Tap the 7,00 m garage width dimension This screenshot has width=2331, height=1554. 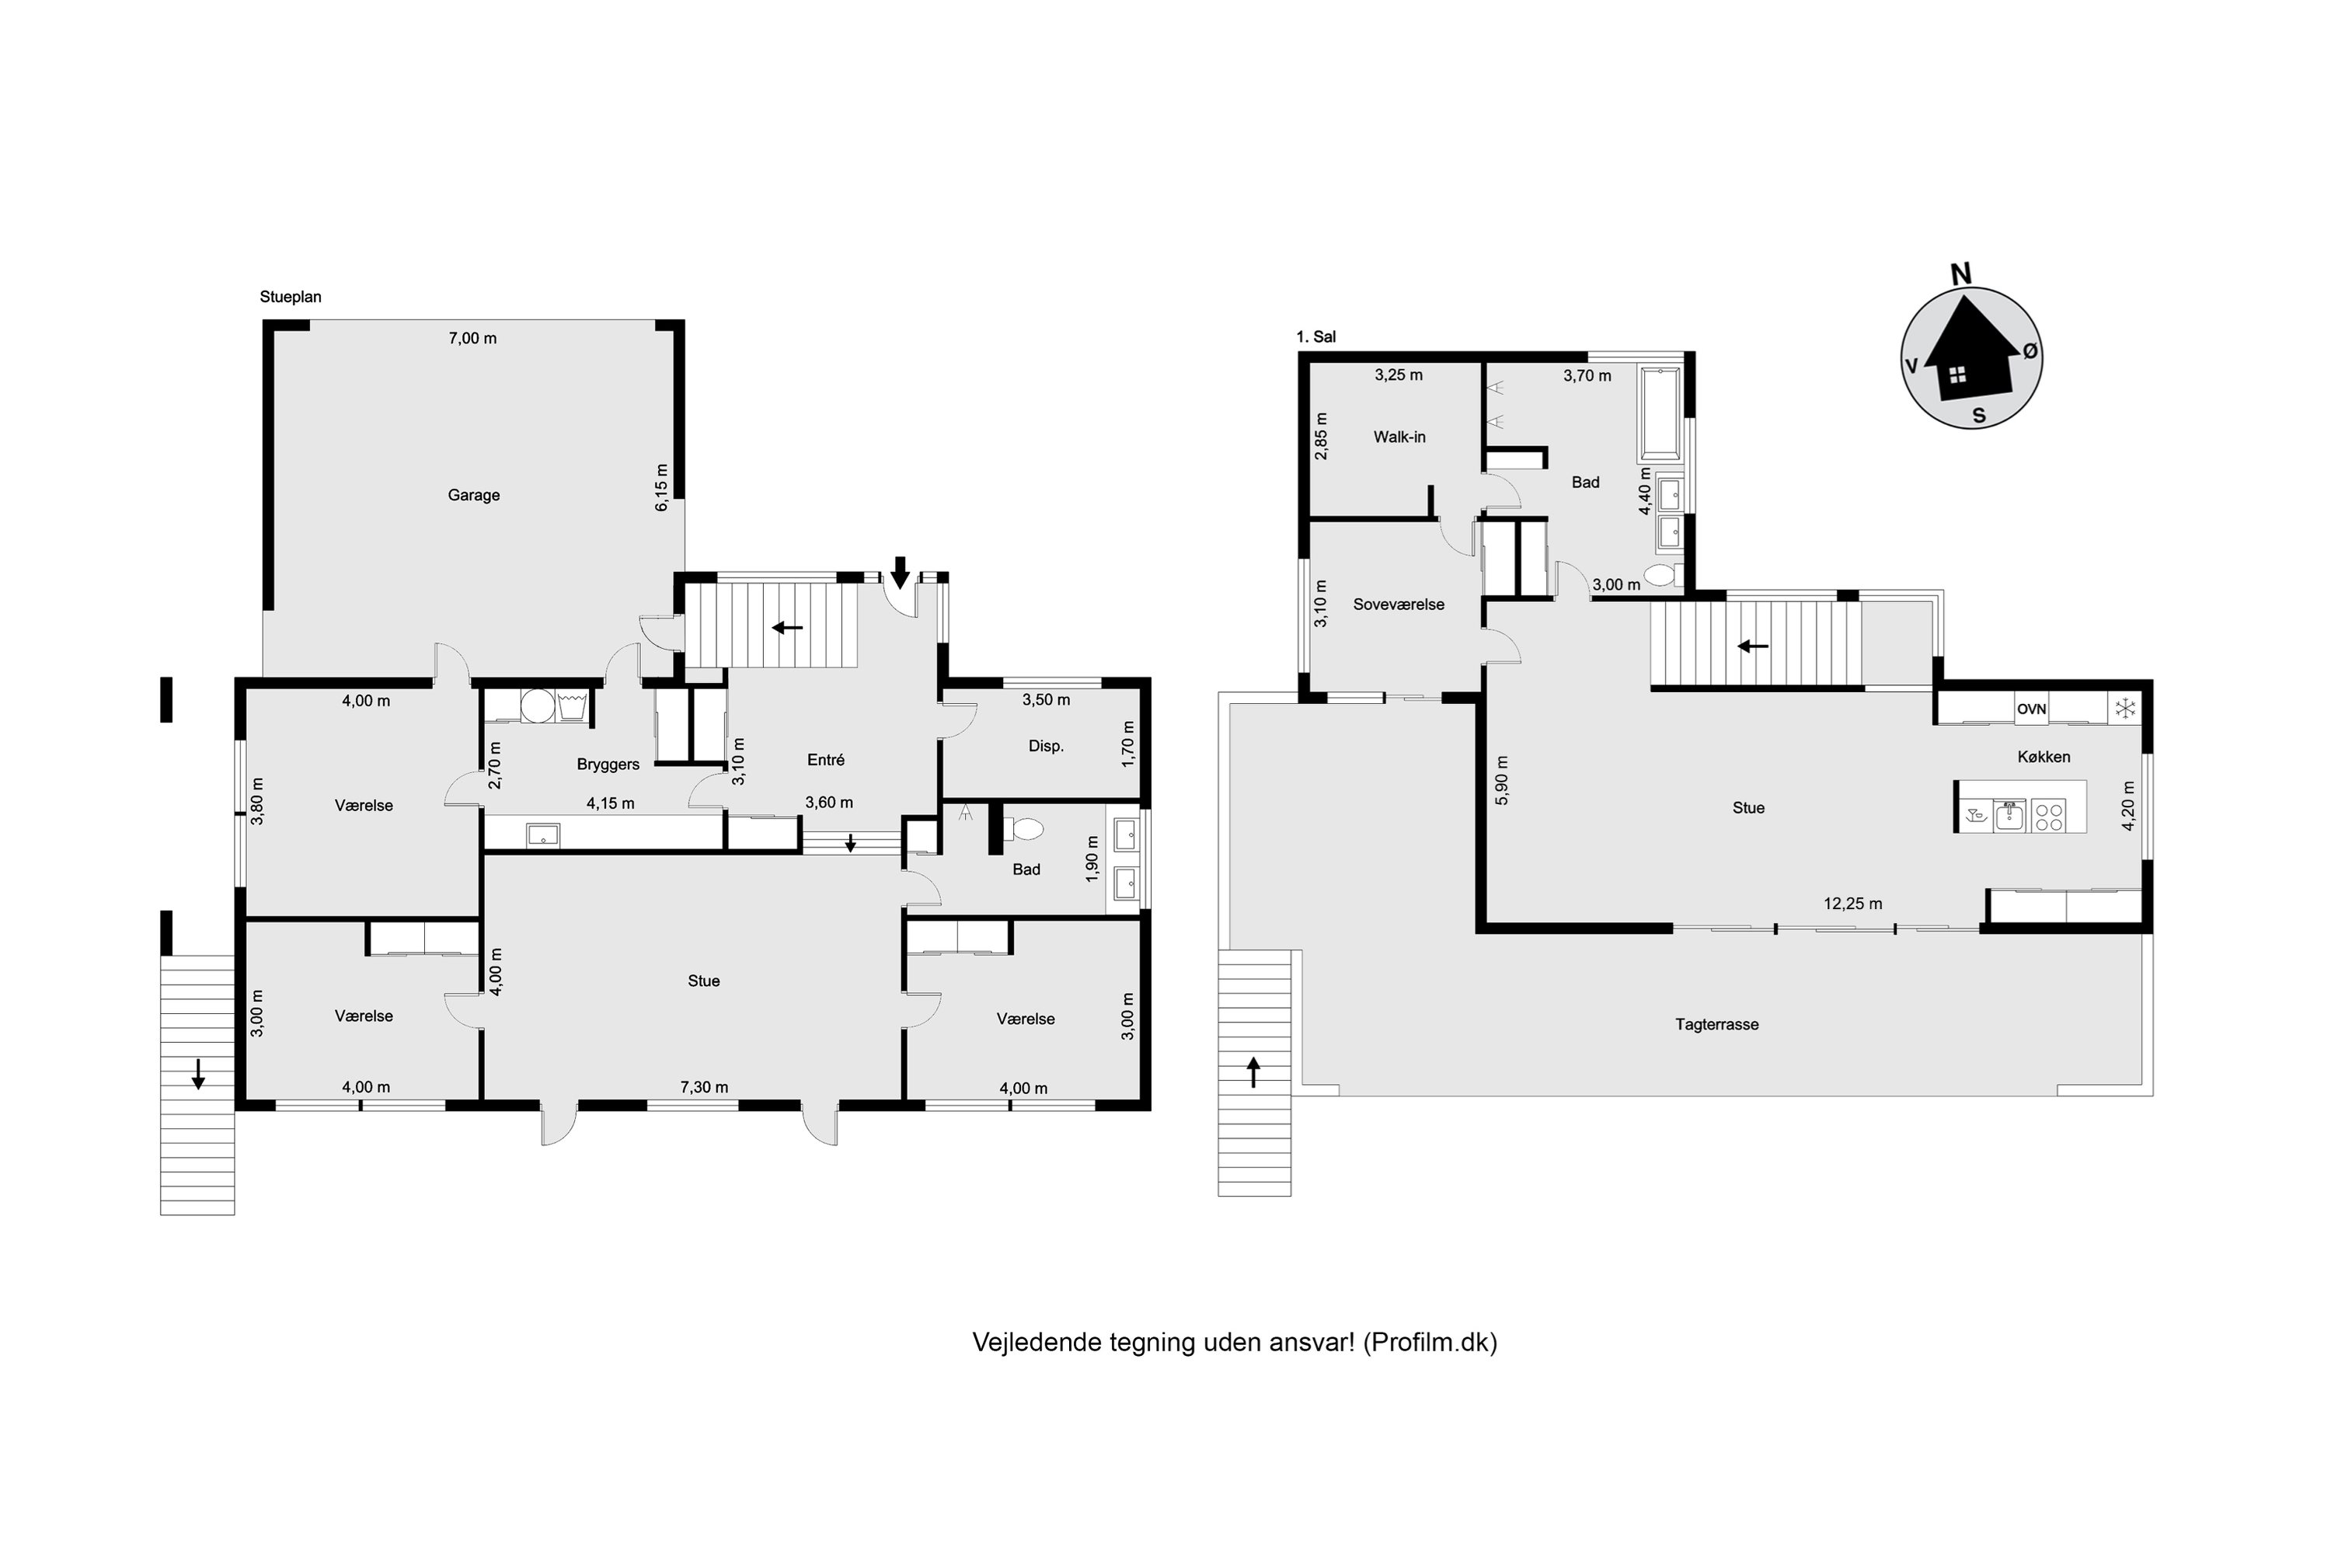[472, 338]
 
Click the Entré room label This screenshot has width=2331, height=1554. [825, 760]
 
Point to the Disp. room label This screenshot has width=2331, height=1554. [1046, 746]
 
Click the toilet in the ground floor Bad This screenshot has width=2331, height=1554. [1023, 828]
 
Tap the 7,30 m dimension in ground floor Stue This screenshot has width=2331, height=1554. [704, 1087]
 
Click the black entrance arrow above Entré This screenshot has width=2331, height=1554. [900, 572]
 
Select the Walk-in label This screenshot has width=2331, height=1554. [1399, 437]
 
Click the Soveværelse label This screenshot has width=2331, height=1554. [1399, 605]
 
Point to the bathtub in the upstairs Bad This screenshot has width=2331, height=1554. [1660, 414]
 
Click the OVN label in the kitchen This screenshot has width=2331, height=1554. [2031, 709]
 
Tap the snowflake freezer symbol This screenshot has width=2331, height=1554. [2125, 709]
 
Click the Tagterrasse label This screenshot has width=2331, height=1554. [1716, 1025]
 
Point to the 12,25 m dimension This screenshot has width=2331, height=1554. [1852, 904]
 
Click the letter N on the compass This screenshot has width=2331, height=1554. [1960, 274]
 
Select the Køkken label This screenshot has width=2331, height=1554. [2044, 757]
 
